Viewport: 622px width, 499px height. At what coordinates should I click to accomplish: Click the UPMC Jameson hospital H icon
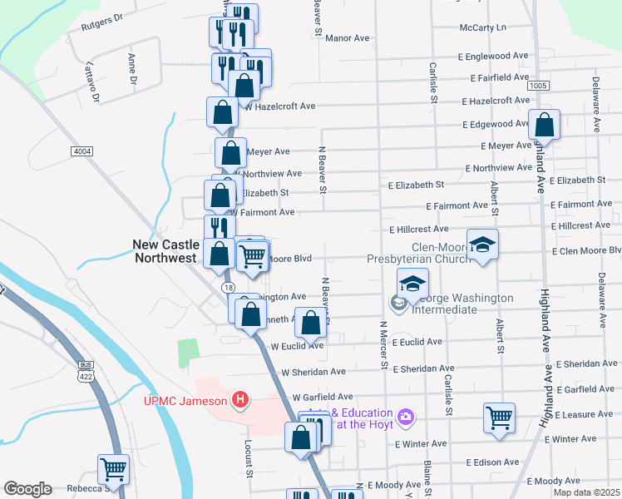[240, 401]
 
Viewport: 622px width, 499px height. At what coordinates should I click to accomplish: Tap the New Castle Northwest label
[166, 251]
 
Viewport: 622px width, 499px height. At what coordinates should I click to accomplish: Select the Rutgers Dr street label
[102, 22]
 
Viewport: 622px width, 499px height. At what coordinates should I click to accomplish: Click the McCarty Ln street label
[482, 27]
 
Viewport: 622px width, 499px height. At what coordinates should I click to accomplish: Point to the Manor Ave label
[347, 38]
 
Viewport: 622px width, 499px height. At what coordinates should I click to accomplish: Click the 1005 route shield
[537, 85]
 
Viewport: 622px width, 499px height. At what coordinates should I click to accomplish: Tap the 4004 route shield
[81, 151]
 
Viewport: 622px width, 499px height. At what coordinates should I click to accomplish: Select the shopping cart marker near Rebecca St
[112, 469]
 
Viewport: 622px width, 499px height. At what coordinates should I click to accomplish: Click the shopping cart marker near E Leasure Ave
[499, 418]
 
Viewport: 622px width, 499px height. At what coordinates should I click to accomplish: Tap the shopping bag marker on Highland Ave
[544, 126]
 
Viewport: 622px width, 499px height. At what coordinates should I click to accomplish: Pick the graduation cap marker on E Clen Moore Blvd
[481, 245]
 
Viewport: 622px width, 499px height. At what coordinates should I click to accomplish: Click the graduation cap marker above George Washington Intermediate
[412, 284]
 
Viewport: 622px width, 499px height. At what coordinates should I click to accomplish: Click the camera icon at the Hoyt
[406, 416]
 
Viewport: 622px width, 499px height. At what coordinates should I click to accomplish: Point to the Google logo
[27, 489]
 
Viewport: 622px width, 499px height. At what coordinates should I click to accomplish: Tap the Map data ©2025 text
[588, 493]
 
